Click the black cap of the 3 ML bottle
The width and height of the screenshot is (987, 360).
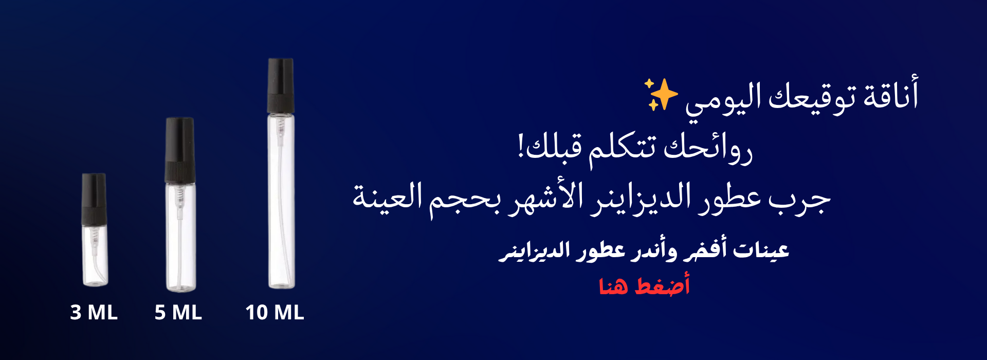[94, 199]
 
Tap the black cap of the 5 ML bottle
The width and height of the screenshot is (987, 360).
[179, 150]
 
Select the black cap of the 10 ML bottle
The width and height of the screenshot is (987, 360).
[281, 85]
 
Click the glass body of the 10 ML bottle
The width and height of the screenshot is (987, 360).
[281, 201]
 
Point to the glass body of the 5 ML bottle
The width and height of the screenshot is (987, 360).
[180, 237]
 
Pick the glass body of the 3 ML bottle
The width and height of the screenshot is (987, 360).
[95, 255]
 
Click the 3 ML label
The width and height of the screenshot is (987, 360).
[94, 312]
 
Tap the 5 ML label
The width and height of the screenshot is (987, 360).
[178, 312]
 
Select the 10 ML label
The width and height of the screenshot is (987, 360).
[275, 312]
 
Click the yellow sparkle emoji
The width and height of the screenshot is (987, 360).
[661, 94]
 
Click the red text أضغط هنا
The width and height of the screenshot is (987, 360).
[644, 285]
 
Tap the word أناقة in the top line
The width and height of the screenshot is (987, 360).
[891, 94]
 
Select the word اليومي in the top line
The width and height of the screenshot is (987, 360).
[723, 99]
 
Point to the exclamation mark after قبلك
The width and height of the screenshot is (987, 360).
[521, 146]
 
